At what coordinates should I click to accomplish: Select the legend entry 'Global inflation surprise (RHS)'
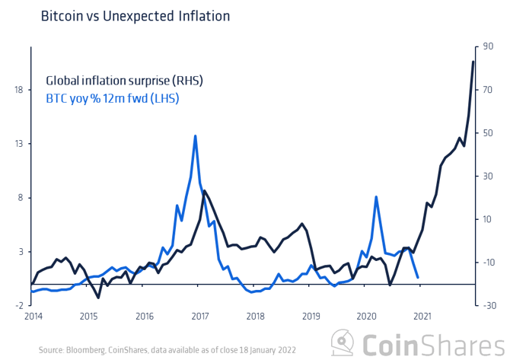point(125,80)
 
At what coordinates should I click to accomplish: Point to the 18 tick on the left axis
point(17,91)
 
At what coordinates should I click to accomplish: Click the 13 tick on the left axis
point(17,144)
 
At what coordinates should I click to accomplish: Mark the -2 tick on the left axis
point(17,304)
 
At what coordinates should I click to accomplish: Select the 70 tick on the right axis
point(489,91)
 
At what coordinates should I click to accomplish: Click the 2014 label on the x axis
point(33,315)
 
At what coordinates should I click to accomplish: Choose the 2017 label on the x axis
point(200,315)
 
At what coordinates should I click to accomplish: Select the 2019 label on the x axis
point(311,315)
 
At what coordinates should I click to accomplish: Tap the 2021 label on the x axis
point(421,315)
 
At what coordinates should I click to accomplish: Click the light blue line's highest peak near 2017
point(196,135)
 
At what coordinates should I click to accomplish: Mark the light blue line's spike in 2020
point(376,196)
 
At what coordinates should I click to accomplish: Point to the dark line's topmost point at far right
point(473,61)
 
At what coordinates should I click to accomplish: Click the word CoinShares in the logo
point(430,341)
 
